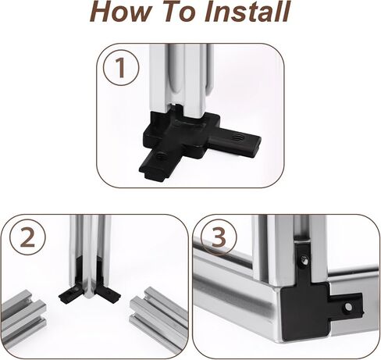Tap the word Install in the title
click(x=247, y=12)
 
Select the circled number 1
click(x=121, y=68)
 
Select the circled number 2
click(x=28, y=237)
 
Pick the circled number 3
click(x=219, y=237)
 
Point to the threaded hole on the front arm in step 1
click(x=159, y=157)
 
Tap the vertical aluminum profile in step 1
click(x=182, y=78)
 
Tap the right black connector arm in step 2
click(x=109, y=293)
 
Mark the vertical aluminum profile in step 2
click(x=90, y=255)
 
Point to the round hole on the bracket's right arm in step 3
click(x=348, y=308)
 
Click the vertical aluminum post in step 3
click(x=289, y=250)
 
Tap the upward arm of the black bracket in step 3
click(x=304, y=263)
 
